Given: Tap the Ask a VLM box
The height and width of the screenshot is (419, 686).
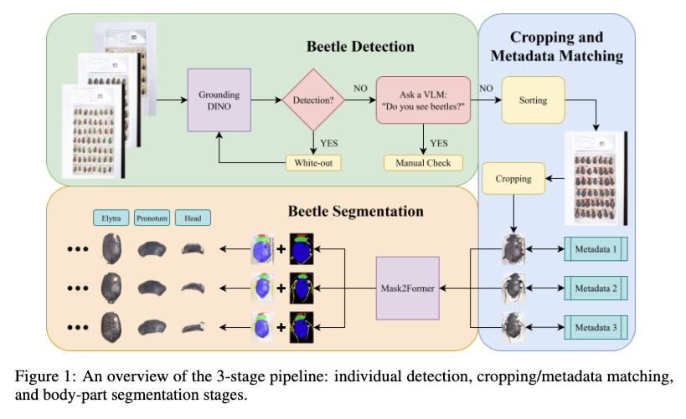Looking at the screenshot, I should click(426, 100).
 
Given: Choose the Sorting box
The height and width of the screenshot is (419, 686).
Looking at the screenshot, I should click(533, 100).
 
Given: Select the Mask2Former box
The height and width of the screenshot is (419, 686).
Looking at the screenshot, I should click(407, 289).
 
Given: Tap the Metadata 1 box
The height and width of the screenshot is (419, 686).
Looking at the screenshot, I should click(596, 249).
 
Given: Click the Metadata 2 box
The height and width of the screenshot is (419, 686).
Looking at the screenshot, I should click(596, 289).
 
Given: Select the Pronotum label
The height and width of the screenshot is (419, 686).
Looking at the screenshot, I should click(152, 218).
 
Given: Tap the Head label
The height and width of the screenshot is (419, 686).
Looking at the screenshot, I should click(193, 218).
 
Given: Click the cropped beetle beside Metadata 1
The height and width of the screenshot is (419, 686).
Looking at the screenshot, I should click(513, 249).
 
